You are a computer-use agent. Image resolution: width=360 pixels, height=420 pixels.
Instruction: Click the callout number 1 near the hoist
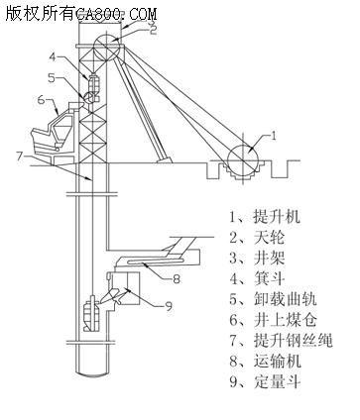pyautogui.click(x=274, y=136)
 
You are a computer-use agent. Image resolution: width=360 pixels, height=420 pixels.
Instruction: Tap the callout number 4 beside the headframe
pyautogui.click(x=54, y=56)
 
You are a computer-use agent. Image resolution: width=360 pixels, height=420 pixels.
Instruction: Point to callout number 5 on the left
pyautogui.click(x=52, y=78)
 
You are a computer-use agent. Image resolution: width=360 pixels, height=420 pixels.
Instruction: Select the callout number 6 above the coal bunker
pyautogui.click(x=41, y=99)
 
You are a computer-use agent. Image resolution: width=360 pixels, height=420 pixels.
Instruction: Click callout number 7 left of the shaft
pyautogui.click(x=20, y=155)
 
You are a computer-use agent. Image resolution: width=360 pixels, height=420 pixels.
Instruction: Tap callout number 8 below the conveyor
pyautogui.click(x=177, y=279)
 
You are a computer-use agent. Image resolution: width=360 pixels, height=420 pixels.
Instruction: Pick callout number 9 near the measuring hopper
pyautogui.click(x=169, y=307)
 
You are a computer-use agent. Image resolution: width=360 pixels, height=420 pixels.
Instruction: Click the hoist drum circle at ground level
pyautogui.click(x=243, y=160)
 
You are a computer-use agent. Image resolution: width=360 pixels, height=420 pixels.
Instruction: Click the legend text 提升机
pyautogui.click(x=277, y=217)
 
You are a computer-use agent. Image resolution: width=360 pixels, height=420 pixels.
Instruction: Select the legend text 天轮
pyautogui.click(x=269, y=238)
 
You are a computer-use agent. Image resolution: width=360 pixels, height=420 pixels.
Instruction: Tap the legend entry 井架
pyautogui.click(x=269, y=258)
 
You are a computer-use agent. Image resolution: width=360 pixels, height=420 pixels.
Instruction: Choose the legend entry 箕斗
pyautogui.click(x=269, y=278)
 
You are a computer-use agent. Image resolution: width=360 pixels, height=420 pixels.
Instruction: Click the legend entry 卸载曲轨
pyautogui.click(x=286, y=299)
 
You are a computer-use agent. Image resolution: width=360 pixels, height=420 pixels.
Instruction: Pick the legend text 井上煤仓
pyautogui.click(x=286, y=320)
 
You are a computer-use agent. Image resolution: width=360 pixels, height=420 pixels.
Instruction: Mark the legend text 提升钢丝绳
pyautogui.click(x=293, y=341)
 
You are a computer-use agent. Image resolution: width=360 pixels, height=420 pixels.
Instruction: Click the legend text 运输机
pyautogui.click(x=277, y=361)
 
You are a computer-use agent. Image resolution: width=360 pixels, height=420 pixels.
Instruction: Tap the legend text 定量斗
pyautogui.click(x=277, y=381)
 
